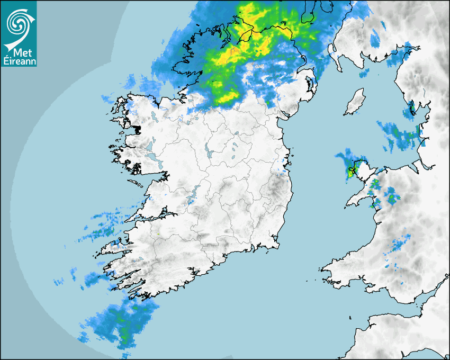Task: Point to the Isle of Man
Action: (354, 102)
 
